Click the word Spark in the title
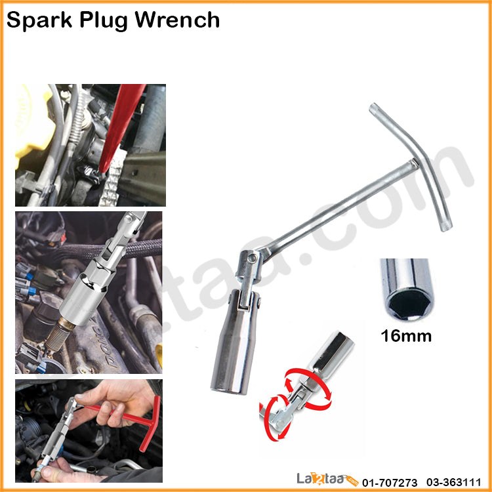pyautogui.click(x=39, y=20)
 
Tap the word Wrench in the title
pyautogui.click(x=177, y=20)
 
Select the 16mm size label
pyautogui.click(x=406, y=336)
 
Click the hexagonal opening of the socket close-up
pyautogui.click(x=409, y=304)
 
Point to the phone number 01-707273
pyautogui.click(x=390, y=482)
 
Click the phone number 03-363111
pyautogui.click(x=453, y=482)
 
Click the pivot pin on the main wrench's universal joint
pyautogui.click(x=252, y=258)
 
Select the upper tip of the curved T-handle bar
pyautogui.click(x=374, y=108)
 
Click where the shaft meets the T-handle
pyautogui.click(x=414, y=163)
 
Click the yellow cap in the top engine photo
pyautogui.click(x=31, y=123)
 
